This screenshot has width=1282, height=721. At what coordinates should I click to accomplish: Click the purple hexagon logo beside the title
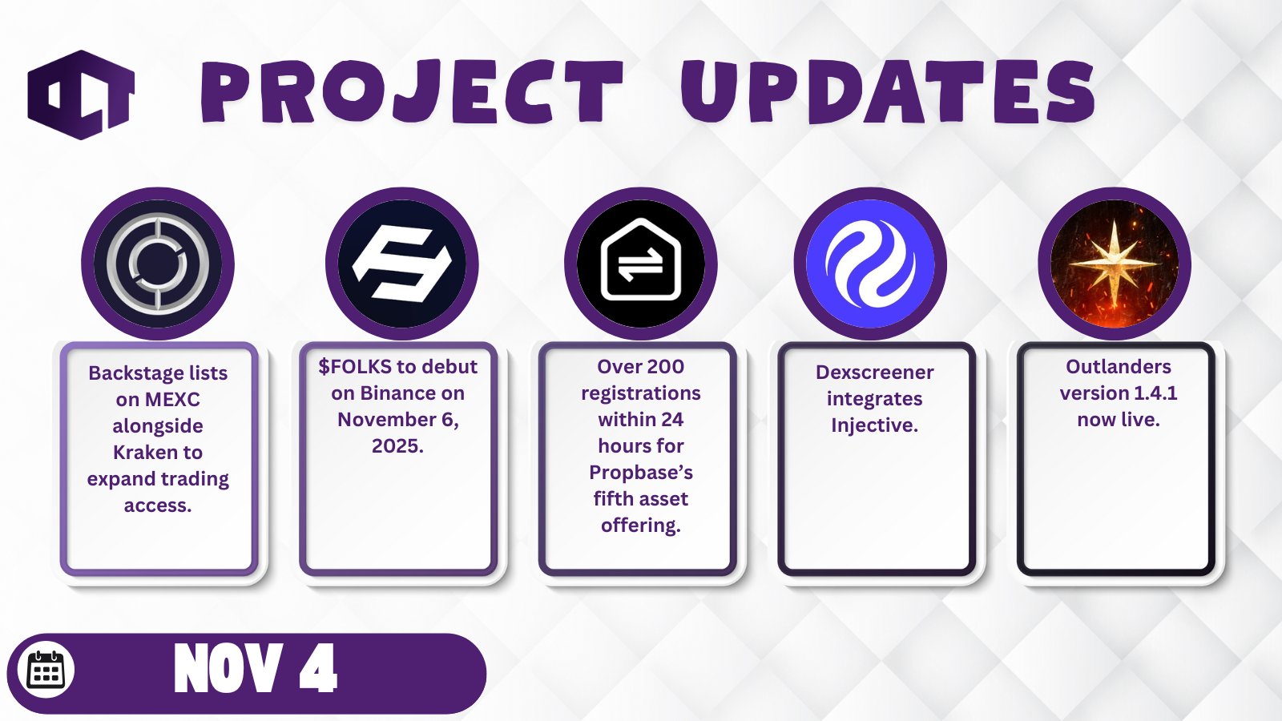(81, 95)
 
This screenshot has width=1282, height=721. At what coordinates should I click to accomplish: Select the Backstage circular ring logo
(157, 264)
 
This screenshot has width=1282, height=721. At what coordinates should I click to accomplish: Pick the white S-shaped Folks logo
(401, 264)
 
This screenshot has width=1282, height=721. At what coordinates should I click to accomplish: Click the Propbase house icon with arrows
(640, 260)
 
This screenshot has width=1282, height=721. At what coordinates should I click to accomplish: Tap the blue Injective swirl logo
(870, 264)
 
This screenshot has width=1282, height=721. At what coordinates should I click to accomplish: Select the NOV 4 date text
(256, 668)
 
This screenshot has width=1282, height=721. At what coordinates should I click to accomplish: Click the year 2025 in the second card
(397, 446)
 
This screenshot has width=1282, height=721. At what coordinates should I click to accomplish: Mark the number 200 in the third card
(664, 367)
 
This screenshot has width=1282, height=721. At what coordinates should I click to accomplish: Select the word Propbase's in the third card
(640, 473)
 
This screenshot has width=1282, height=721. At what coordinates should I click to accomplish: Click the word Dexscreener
(874, 373)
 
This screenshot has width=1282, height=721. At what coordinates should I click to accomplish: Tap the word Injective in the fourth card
(874, 425)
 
